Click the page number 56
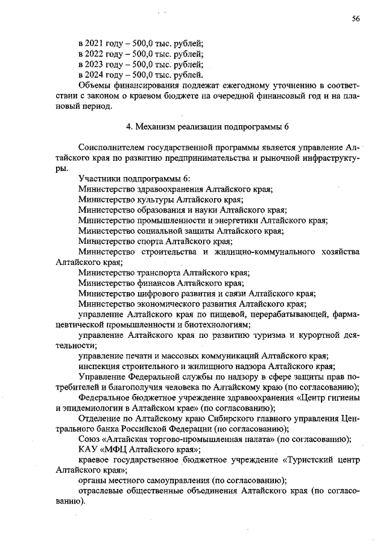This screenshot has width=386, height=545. pyautogui.click(x=356, y=19)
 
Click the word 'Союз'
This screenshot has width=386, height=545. pyautogui.click(x=90, y=439)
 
